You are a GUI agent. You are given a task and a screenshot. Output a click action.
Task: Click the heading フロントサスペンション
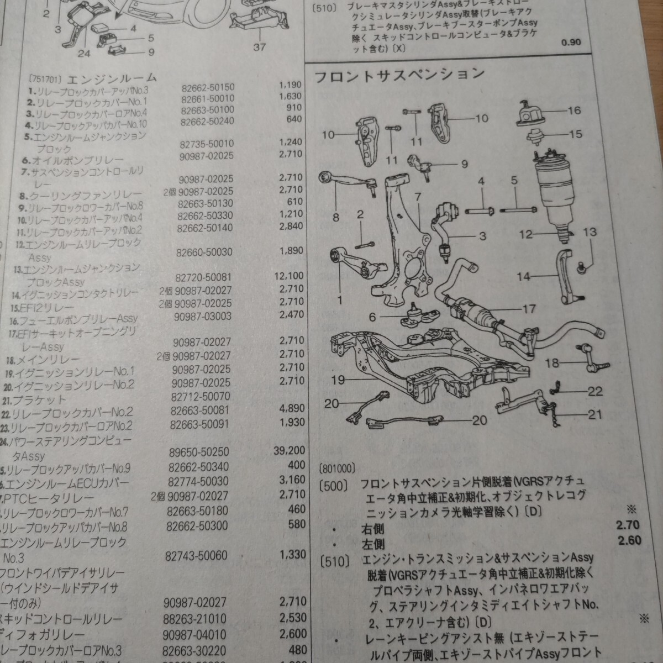point(399,75)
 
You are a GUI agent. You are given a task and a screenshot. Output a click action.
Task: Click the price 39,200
point(290,450)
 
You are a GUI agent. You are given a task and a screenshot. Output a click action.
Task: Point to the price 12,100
point(288,275)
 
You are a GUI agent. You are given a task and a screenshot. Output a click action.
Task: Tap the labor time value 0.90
point(571,58)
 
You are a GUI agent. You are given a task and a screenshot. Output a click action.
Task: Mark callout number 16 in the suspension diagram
point(574,111)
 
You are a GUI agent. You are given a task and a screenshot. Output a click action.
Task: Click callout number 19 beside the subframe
point(339,380)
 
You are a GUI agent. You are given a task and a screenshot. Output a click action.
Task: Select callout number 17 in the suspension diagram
point(529,309)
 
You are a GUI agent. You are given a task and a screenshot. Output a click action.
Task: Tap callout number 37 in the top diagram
point(260,48)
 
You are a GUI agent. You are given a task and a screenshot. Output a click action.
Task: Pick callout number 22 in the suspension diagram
point(595,391)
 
